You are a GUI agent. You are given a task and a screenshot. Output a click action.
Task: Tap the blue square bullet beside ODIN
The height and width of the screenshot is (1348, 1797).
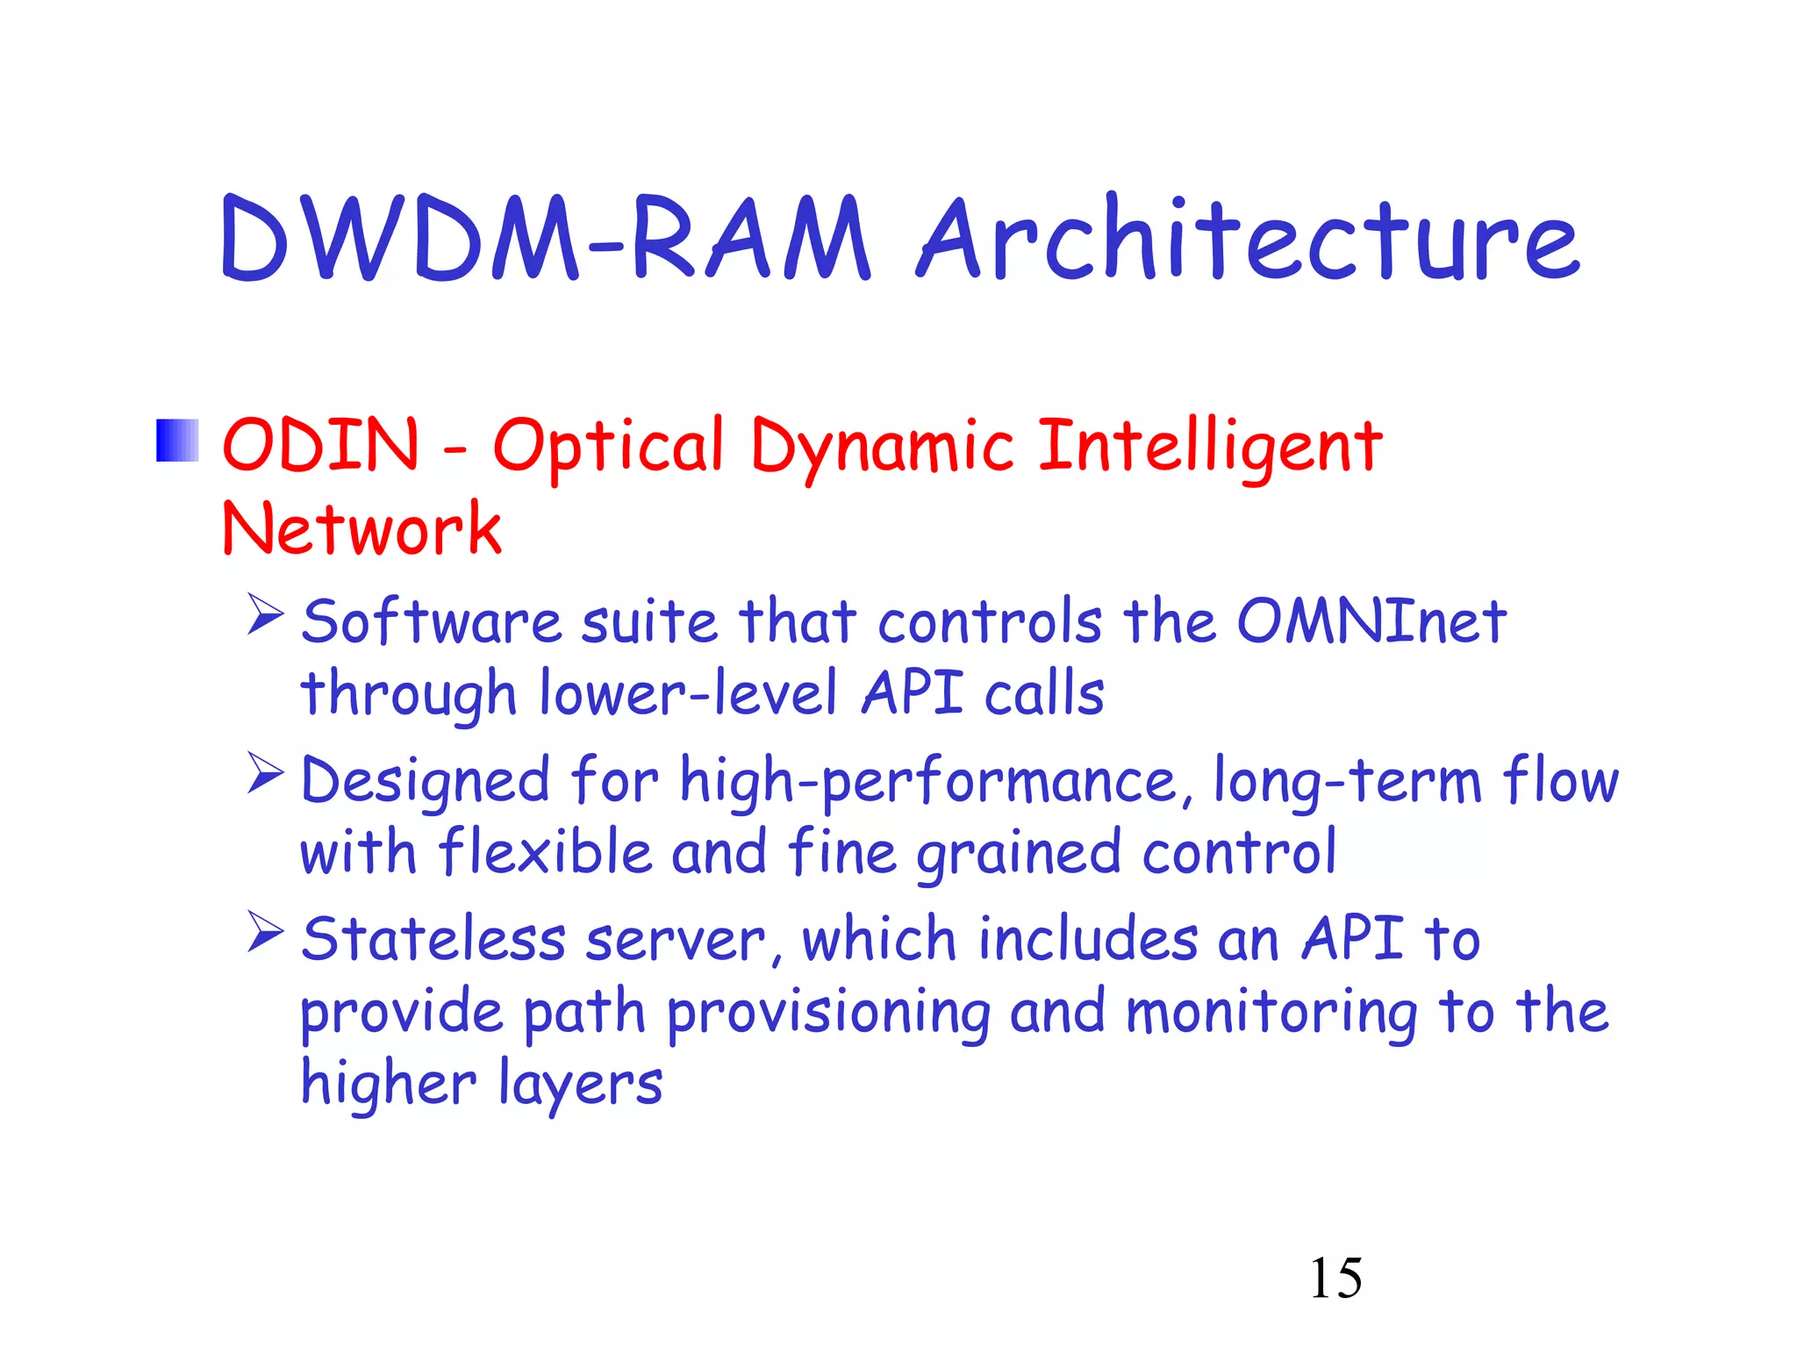pos(177,441)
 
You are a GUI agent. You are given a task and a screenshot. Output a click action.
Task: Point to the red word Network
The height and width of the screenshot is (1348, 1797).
pos(362,529)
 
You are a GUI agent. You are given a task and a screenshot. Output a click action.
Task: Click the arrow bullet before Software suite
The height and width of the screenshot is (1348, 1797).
pos(265,614)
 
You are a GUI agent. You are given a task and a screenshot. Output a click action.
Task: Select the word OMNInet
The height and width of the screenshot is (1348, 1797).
pos(1371,621)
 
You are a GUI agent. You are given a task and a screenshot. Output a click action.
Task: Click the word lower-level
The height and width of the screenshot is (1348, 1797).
pos(688,693)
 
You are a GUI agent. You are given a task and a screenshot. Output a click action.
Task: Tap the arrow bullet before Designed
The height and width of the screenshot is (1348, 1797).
pos(265,773)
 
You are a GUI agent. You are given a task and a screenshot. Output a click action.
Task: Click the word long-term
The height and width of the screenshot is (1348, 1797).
pos(1348,781)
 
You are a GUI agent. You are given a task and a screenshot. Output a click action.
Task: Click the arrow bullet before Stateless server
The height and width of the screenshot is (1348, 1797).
pos(265,932)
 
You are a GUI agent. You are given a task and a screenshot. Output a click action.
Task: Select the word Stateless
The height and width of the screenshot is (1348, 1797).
pos(433,939)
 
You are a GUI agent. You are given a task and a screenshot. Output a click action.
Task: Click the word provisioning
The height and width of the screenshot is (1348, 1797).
pos(828,1012)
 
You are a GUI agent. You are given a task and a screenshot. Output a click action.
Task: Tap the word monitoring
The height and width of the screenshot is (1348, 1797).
pos(1271,1012)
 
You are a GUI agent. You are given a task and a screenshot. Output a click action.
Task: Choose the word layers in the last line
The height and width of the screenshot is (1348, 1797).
pos(581,1084)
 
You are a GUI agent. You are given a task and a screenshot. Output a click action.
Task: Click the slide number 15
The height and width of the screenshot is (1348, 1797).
pos(1335,1278)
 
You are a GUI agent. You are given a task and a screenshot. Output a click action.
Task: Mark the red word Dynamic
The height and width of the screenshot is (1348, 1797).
pos(882,446)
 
